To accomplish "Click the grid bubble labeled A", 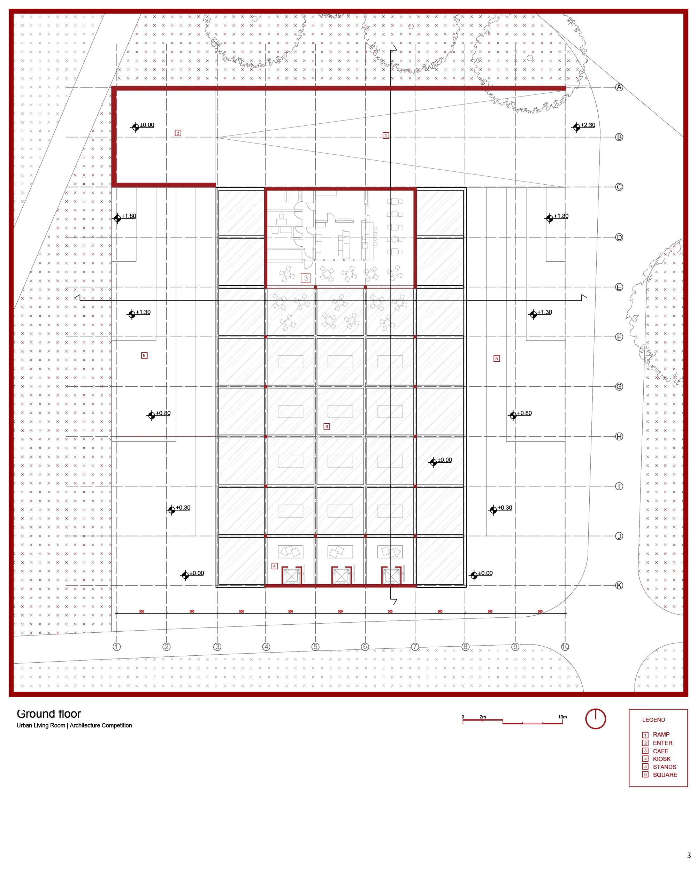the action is click(x=619, y=87).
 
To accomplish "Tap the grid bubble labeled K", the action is click(x=619, y=585).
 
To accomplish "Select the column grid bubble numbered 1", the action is click(x=117, y=647).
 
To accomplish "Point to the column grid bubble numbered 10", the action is click(x=565, y=647).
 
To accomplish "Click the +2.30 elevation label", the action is click(x=588, y=125).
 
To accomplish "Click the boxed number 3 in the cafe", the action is click(x=306, y=278).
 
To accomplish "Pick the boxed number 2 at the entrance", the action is click(x=178, y=133).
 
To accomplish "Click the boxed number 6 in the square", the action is click(x=327, y=426).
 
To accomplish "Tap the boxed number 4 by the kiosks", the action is click(x=275, y=566).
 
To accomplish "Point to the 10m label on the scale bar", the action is click(x=562, y=717).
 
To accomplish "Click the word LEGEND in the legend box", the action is click(x=653, y=720).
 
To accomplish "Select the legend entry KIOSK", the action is click(x=661, y=759).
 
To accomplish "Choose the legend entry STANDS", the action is click(x=664, y=767).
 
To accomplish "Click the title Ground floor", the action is click(x=49, y=714).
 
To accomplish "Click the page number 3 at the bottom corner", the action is click(x=689, y=863).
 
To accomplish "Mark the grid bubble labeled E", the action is click(x=619, y=287).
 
